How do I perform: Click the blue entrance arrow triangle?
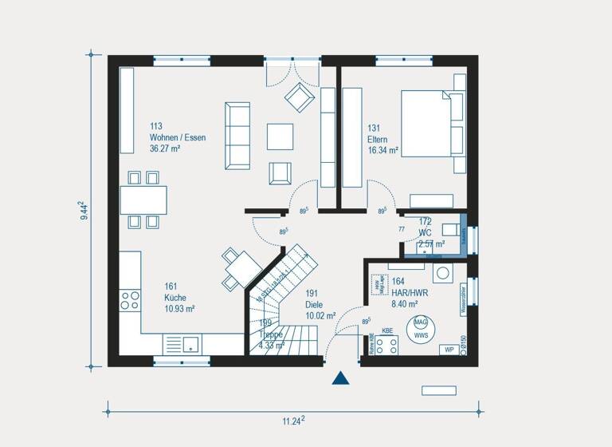(341, 378)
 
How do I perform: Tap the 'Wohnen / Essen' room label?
(177, 137)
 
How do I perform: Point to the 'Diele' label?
(314, 304)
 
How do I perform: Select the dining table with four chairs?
(143, 199)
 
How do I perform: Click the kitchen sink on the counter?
(190, 343)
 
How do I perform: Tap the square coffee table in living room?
(280, 136)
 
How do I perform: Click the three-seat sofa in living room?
(237, 136)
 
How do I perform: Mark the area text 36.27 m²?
(166, 148)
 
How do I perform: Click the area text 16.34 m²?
(382, 148)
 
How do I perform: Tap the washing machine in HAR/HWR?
(442, 273)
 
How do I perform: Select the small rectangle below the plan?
(438, 390)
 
